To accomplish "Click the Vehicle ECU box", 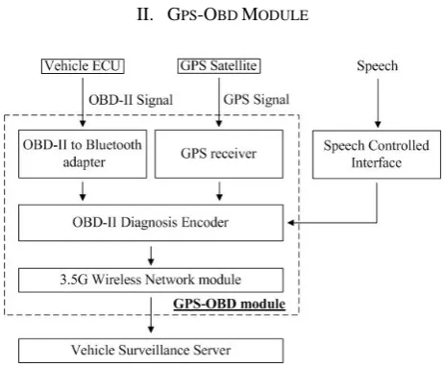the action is click(x=83, y=66).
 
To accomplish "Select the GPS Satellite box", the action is click(x=219, y=66).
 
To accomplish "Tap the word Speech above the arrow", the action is click(x=378, y=66).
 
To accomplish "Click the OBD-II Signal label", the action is click(x=131, y=100).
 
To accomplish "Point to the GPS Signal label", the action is click(x=257, y=99).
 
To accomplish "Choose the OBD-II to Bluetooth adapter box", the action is click(x=83, y=154).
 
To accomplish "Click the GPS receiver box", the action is click(x=219, y=154).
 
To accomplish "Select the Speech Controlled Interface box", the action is click(x=377, y=155).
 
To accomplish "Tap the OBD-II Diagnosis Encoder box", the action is click(x=151, y=223).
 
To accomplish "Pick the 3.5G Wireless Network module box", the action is click(x=151, y=281).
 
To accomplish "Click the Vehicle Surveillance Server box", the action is click(x=151, y=351).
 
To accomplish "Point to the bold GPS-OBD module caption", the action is click(x=230, y=304).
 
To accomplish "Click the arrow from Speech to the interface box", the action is click(x=378, y=103).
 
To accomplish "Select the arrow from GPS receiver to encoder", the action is click(x=219, y=191).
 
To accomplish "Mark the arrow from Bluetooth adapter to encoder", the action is click(x=83, y=191).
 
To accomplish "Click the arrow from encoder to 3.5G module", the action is click(x=151, y=256).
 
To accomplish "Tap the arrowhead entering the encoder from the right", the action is click(x=291, y=222).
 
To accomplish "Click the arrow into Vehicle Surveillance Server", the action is click(x=151, y=315).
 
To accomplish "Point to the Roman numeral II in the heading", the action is click(x=145, y=14).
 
